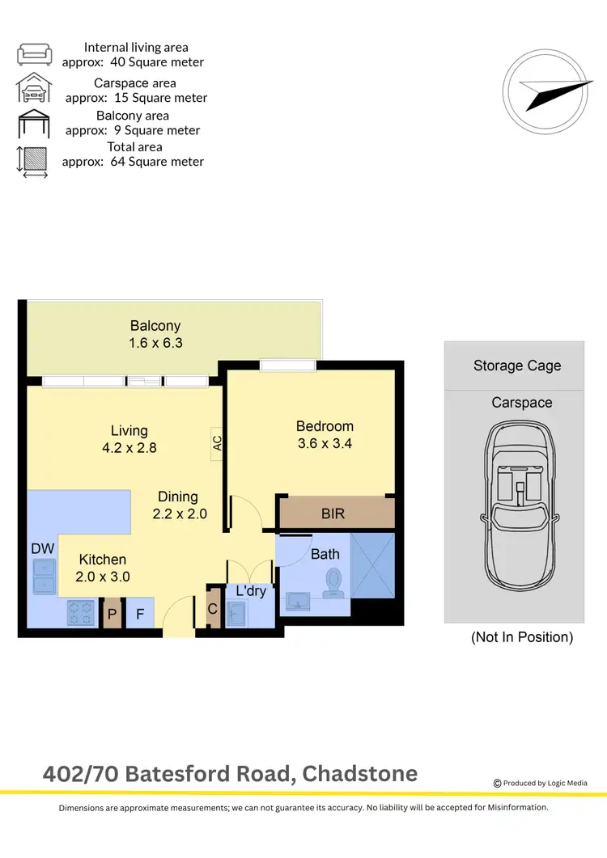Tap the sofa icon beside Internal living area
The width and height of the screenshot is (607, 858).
click(x=35, y=54)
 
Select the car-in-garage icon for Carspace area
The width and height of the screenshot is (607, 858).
click(x=35, y=89)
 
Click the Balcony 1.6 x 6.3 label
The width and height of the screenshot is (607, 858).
click(x=155, y=334)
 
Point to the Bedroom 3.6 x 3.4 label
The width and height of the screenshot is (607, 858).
click(x=325, y=434)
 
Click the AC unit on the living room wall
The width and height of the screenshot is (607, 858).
click(x=217, y=443)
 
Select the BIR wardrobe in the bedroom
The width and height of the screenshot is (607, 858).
click(x=336, y=514)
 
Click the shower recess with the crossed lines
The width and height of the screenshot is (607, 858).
click(x=372, y=566)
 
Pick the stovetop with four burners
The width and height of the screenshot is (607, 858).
click(x=82, y=612)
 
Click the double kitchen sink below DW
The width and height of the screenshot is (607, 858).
click(x=43, y=575)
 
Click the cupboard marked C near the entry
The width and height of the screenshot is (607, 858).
click(x=213, y=609)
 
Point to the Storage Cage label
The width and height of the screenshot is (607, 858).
click(x=516, y=366)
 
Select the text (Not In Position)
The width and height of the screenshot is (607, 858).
click(x=521, y=637)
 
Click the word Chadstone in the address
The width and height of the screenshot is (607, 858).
click(x=359, y=774)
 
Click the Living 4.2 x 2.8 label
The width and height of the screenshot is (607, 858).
click(x=129, y=439)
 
